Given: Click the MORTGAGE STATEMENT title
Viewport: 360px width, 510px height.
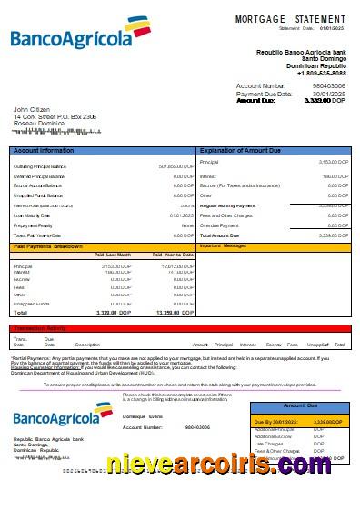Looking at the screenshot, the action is (290, 19).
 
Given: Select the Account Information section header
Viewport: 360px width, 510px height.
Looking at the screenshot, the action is (44, 149).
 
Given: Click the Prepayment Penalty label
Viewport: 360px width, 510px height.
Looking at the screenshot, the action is (35, 225).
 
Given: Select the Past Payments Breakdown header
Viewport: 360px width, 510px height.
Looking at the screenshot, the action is (49, 246).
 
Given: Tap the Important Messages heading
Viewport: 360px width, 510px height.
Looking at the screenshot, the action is (224, 246).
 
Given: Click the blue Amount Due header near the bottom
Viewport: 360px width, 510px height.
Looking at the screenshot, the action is (300, 405).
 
